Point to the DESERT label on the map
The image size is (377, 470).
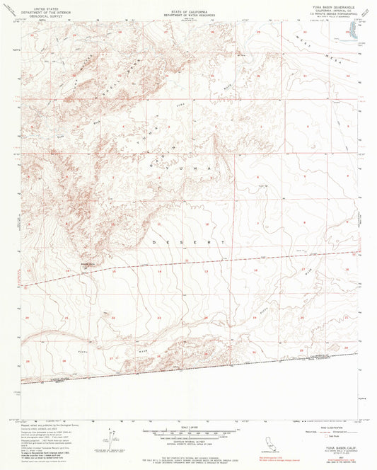click(x=180, y=243)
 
